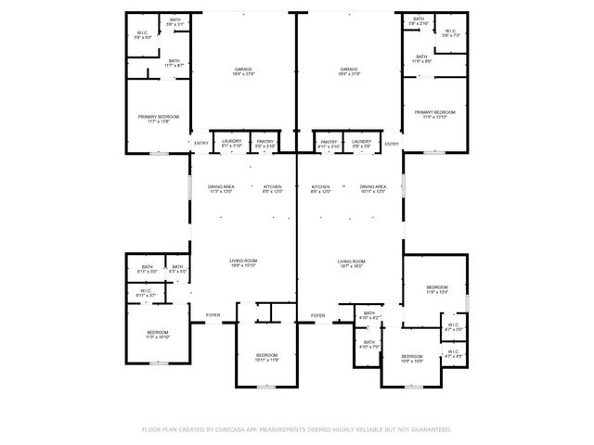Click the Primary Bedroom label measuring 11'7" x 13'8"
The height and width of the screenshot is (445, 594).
pos(159,118)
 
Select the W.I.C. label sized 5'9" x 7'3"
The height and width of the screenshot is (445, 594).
pos(450,32)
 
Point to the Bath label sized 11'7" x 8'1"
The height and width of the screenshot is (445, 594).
pos(174,63)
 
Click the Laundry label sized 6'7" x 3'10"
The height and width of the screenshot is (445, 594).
pos(231,143)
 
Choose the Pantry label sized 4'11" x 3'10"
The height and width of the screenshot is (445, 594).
pos(329,143)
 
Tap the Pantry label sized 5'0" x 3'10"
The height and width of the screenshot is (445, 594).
pos(265,143)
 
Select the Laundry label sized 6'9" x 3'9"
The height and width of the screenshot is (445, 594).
pos(361,143)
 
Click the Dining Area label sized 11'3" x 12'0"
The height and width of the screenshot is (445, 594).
pos(221,189)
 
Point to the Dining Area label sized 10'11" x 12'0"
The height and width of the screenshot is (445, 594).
pos(373,188)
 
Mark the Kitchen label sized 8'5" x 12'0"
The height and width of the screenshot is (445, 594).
pos(272,189)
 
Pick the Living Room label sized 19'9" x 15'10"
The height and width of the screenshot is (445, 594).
pos(243,263)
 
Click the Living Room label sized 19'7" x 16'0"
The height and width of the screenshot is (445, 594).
pos(351,263)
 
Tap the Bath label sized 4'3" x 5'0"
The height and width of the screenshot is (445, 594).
pos(176,269)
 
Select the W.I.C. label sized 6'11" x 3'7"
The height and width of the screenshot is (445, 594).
pos(147,293)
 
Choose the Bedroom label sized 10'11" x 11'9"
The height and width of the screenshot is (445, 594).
pos(267,357)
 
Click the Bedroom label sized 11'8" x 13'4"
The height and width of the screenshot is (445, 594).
pos(437,290)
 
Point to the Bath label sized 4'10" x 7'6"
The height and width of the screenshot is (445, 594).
pos(369,344)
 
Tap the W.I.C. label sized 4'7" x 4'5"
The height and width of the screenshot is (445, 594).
pos(454,353)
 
